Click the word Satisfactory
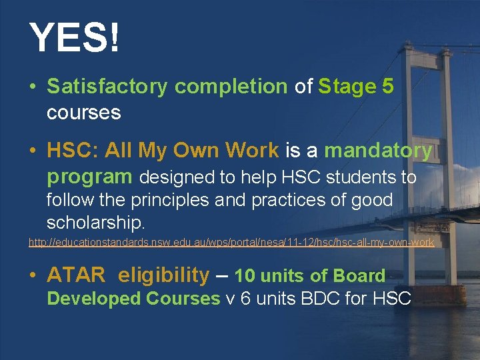pos(108,87)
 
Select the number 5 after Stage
pos(388,87)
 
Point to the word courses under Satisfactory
pos(83,113)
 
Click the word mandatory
pos(378,151)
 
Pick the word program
pos(89,177)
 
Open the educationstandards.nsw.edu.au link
pos(231,243)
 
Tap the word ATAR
pos(76,275)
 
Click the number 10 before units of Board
pos(245,276)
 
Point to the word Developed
pos(94,298)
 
